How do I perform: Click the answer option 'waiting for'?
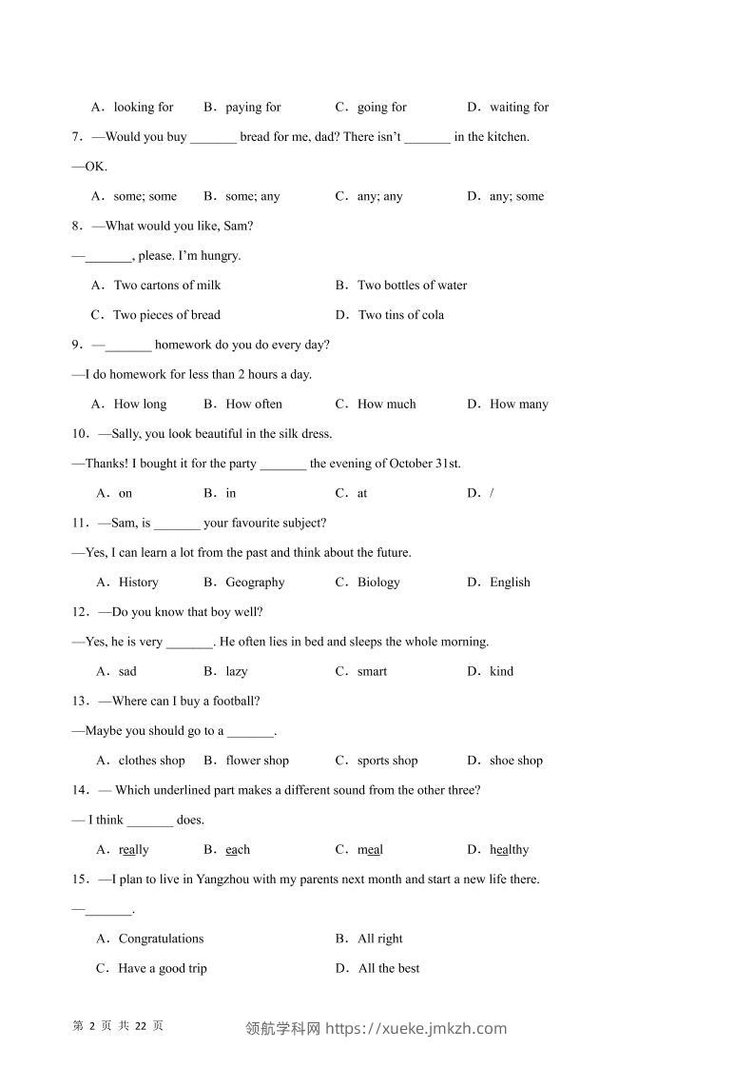518,108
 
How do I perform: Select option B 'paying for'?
253,108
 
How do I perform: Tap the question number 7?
76,137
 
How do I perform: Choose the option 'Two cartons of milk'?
166,286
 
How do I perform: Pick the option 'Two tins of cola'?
400,315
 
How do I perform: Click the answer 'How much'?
386,405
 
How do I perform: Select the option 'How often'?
254,405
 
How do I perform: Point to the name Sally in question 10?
128,434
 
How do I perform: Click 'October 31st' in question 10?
423,464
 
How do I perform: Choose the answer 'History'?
138,583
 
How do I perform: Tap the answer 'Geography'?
255,583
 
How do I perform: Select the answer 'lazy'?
236,672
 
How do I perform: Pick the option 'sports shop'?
387,761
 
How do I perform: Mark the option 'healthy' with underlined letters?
509,850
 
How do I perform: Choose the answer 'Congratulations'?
161,939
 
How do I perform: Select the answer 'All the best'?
388,969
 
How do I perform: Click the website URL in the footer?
416,1028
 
